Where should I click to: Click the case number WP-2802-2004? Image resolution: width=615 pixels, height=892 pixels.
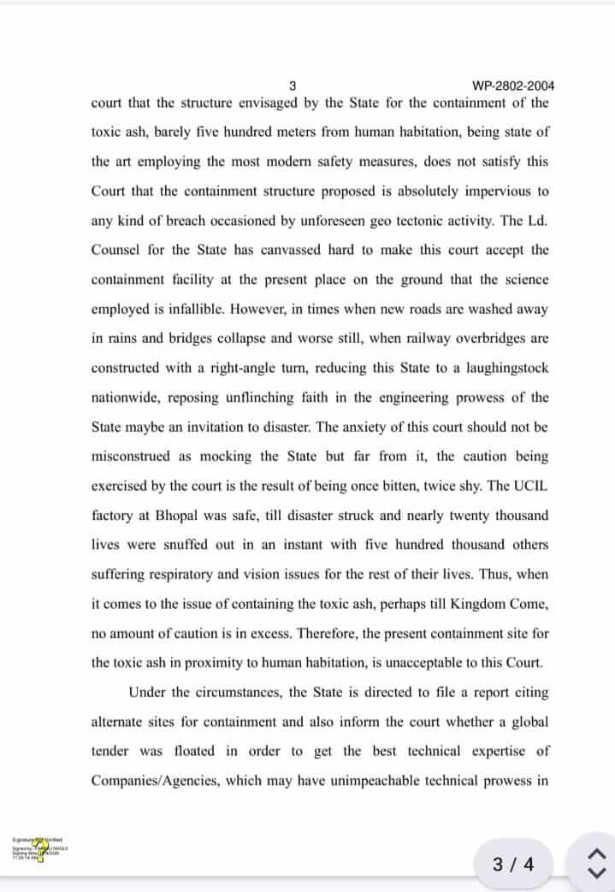tap(513, 86)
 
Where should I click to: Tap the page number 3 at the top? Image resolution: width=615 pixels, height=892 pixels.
tap(293, 86)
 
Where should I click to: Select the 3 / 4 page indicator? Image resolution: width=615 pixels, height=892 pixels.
tap(513, 864)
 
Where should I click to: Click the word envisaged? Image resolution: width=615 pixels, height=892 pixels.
tap(250, 103)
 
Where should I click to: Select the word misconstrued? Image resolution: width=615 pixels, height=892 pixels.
tap(133, 456)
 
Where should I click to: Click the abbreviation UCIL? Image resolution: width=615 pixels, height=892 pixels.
tap(531, 486)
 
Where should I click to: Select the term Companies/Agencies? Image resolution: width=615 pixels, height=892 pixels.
tap(150, 781)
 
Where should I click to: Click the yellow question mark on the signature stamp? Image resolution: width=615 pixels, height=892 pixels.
tap(40, 847)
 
